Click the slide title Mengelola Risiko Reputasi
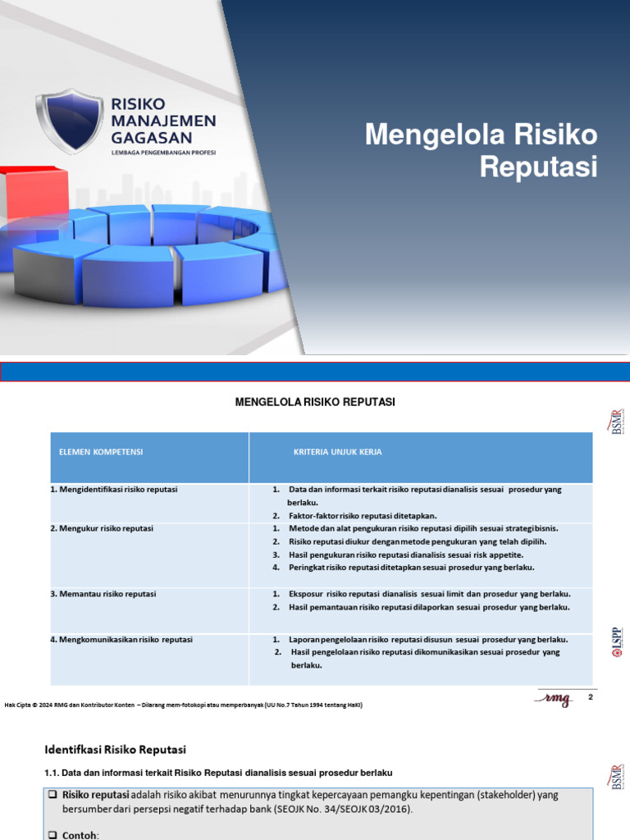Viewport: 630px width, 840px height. tap(482, 150)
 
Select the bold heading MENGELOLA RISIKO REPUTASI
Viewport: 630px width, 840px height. tap(316, 402)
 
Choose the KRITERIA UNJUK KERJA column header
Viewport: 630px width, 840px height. tap(337, 452)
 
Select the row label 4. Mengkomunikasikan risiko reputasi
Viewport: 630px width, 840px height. tap(127, 640)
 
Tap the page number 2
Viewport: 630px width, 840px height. tap(590, 696)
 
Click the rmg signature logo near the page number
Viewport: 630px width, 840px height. tap(555, 698)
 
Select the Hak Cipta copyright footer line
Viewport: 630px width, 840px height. tap(184, 705)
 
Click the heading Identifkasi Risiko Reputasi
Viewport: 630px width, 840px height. tap(115, 749)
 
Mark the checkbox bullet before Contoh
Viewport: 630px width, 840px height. tap(52, 833)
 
